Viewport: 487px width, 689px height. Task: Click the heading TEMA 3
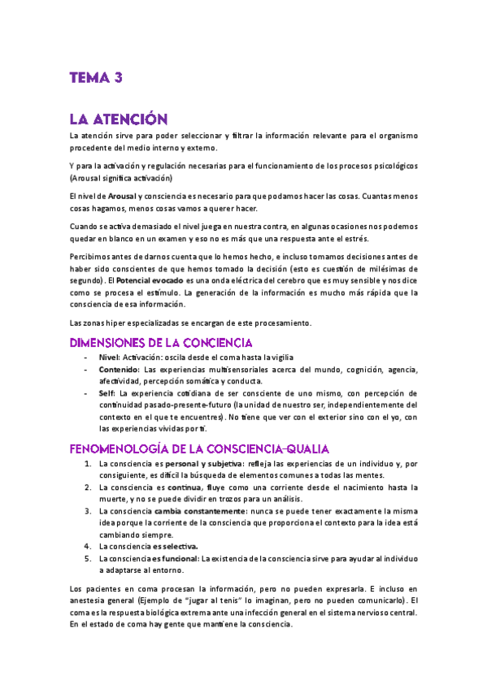(95, 78)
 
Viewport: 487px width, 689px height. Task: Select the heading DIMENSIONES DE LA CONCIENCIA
(161, 342)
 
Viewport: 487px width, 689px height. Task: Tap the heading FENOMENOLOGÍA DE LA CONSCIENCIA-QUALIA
(199, 448)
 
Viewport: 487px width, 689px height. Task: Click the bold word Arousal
(121, 197)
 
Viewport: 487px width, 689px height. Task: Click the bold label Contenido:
(119, 370)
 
